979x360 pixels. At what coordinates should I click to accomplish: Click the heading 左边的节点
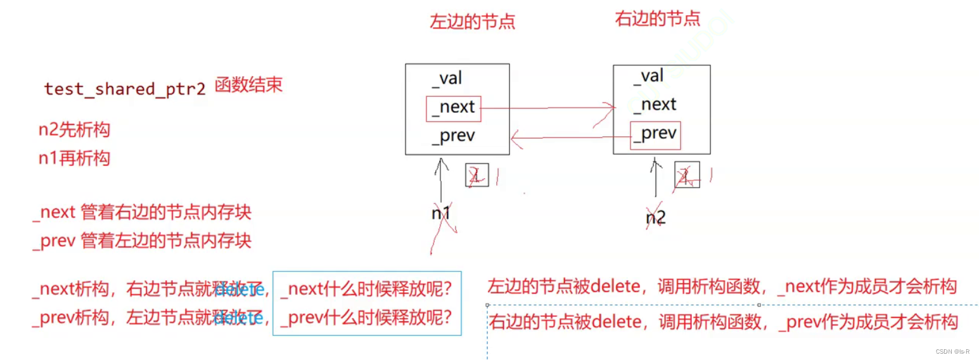pos(472,22)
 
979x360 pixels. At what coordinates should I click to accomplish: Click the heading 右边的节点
pos(658,18)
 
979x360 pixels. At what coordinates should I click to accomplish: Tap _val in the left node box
pos(447,79)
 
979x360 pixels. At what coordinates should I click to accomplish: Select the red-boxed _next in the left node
pos(454,108)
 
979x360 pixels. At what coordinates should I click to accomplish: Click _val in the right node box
pos(648,77)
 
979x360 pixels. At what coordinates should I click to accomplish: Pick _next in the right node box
pos(655,105)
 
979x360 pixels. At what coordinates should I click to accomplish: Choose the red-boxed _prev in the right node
pos(655,134)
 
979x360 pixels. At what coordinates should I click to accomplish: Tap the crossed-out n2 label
pos(655,219)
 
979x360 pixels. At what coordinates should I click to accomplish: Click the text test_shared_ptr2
pos(125,89)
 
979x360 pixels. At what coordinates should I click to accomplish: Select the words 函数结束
pos(248,86)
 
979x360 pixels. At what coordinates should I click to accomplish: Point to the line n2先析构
pos(74,130)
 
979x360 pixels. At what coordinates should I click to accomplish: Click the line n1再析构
pos(74,157)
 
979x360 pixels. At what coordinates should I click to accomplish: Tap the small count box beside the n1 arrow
pos(476,176)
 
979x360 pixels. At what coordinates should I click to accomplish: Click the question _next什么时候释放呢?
pos(366,290)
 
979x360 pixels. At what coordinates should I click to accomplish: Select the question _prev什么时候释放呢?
pos(366,317)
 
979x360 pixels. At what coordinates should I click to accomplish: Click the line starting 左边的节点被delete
pos(721,286)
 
